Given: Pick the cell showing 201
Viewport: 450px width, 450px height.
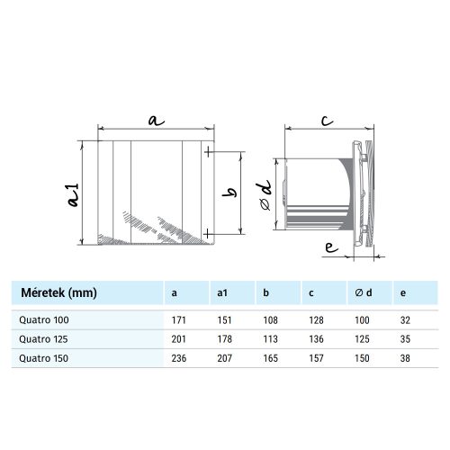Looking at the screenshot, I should point(177,337).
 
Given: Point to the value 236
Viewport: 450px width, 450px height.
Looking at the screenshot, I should point(177,357).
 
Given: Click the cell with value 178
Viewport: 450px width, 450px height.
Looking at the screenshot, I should point(225,337).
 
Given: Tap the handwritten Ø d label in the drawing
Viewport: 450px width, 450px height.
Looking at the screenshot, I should point(265,193).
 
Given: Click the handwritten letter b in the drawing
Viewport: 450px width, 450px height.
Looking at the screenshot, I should point(230,191).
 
